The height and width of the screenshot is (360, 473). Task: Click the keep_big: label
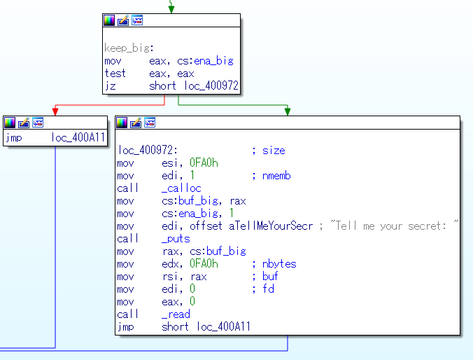click(129, 48)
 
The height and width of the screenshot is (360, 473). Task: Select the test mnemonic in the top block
click(115, 74)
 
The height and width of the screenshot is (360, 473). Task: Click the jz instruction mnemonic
click(110, 86)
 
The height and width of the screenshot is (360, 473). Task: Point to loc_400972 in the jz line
click(211, 85)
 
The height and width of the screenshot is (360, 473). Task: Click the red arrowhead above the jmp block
click(55, 111)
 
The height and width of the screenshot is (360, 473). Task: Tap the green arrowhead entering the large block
click(288, 111)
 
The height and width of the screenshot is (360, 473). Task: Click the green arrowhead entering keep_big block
click(171, 9)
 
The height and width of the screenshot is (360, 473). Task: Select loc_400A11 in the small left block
click(78, 137)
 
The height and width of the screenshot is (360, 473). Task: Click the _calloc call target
click(181, 188)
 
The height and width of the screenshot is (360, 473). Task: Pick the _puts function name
click(176, 239)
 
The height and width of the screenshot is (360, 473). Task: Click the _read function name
click(176, 314)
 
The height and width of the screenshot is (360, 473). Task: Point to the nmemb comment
click(276, 176)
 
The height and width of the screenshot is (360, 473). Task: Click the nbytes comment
click(279, 263)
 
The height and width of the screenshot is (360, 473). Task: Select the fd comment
click(268, 289)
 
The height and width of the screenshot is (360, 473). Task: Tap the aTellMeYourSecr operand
click(271, 226)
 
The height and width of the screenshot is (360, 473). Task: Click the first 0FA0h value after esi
click(204, 162)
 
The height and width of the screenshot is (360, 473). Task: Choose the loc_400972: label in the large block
click(148, 150)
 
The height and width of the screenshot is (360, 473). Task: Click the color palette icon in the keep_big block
click(109, 20)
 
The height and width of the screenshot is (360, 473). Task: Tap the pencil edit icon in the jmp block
click(24, 123)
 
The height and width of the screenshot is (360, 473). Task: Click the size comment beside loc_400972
click(274, 151)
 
